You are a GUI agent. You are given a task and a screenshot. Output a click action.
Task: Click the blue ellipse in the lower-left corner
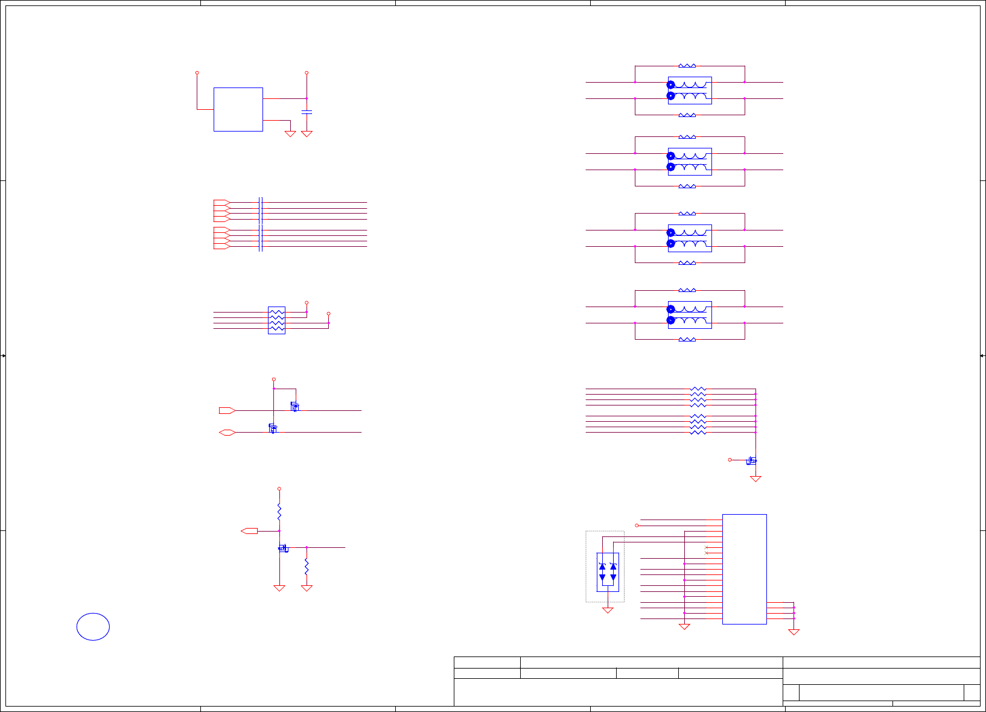pyautogui.click(x=93, y=626)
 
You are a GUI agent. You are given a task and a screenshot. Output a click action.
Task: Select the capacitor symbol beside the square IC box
pyautogui.click(x=307, y=112)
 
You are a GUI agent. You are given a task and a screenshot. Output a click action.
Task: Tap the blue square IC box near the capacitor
pyautogui.click(x=238, y=109)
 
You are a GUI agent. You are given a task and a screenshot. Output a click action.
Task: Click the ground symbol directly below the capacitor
pyautogui.click(x=307, y=134)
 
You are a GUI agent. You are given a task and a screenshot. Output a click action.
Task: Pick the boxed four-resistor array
pyautogui.click(x=276, y=320)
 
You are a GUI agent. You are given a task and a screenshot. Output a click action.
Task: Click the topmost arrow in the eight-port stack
pyautogui.click(x=221, y=202)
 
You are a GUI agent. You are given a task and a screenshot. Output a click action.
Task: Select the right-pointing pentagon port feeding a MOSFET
pyautogui.click(x=227, y=410)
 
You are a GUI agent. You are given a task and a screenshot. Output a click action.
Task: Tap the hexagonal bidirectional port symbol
pyautogui.click(x=227, y=432)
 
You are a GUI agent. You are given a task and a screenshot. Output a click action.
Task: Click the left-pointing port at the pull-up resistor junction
pyautogui.click(x=249, y=531)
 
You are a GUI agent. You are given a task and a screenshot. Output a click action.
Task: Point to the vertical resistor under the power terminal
pyautogui.click(x=279, y=512)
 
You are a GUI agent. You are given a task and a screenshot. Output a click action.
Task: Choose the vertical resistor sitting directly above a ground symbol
pyautogui.click(x=307, y=566)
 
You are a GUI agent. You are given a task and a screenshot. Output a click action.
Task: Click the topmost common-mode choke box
pyautogui.click(x=690, y=91)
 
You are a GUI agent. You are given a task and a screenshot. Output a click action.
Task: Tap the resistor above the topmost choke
pyautogui.click(x=687, y=66)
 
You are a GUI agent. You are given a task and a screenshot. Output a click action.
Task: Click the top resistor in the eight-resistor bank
pyautogui.click(x=698, y=389)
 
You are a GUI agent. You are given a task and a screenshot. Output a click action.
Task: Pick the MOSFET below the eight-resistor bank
pyautogui.click(x=751, y=460)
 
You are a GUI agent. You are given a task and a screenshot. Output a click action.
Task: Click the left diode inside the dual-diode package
pyautogui.click(x=602, y=571)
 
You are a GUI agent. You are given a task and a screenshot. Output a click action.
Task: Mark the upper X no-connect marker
pyautogui.click(x=707, y=547)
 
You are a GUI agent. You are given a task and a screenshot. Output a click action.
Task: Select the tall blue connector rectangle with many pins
pyautogui.click(x=744, y=569)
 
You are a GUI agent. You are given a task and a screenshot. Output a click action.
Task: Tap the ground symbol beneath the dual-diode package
pyautogui.click(x=608, y=611)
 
